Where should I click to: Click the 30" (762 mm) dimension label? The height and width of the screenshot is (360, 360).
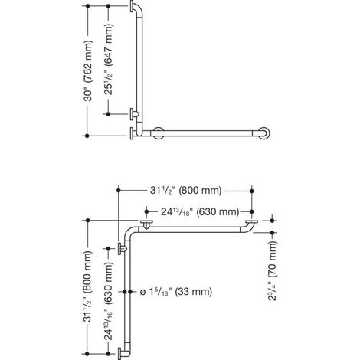88,70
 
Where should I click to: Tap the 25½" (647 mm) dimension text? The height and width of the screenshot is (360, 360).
109,59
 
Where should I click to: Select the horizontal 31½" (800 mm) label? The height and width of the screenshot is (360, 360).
185,191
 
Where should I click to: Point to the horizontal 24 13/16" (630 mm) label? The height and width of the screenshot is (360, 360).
200,211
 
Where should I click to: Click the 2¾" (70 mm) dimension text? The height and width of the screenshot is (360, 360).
273,270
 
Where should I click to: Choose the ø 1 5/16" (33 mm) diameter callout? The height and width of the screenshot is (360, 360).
176,292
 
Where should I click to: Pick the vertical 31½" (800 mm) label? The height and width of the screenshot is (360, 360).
88,286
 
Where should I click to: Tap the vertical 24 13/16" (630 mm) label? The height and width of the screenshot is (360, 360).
109,301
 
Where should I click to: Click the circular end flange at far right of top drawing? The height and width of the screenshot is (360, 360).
264,133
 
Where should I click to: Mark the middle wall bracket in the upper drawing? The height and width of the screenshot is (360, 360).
134,114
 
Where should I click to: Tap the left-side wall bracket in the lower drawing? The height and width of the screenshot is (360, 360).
122,248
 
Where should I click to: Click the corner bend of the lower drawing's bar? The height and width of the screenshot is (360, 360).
129,232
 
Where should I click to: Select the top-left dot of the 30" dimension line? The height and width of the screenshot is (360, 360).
87,6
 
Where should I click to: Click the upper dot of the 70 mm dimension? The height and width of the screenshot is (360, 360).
272,221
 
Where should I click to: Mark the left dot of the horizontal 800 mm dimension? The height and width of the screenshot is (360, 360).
118,191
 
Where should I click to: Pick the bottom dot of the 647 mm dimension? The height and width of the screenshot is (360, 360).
108,114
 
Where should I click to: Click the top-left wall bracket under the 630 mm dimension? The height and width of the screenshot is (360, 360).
146,224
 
